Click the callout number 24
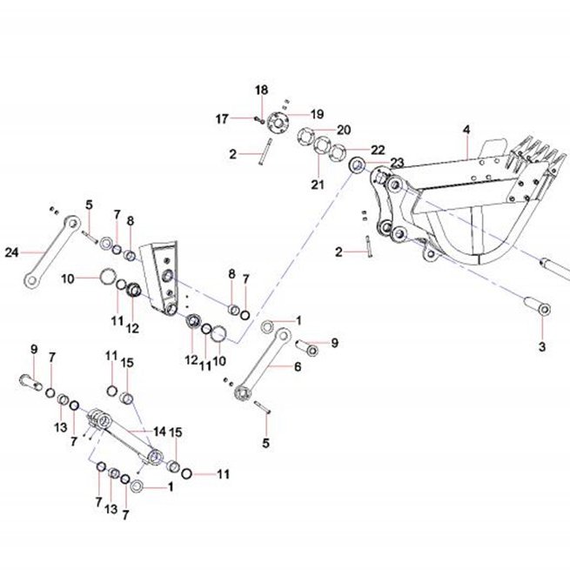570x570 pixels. [11, 251]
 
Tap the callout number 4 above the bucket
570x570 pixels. [466, 130]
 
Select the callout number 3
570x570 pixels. [542, 347]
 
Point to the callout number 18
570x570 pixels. [261, 90]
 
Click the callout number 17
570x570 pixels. [222, 119]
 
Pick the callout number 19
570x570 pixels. [317, 114]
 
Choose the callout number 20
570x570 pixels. [344, 130]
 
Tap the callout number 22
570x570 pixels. [378, 150]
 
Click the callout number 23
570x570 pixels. [398, 162]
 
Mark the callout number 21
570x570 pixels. [318, 184]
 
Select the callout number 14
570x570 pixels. [159, 432]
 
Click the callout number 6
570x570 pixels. [298, 366]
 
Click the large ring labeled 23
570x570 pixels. [357, 165]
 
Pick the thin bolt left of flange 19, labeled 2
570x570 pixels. [265, 151]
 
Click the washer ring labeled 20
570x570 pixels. [305, 137]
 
